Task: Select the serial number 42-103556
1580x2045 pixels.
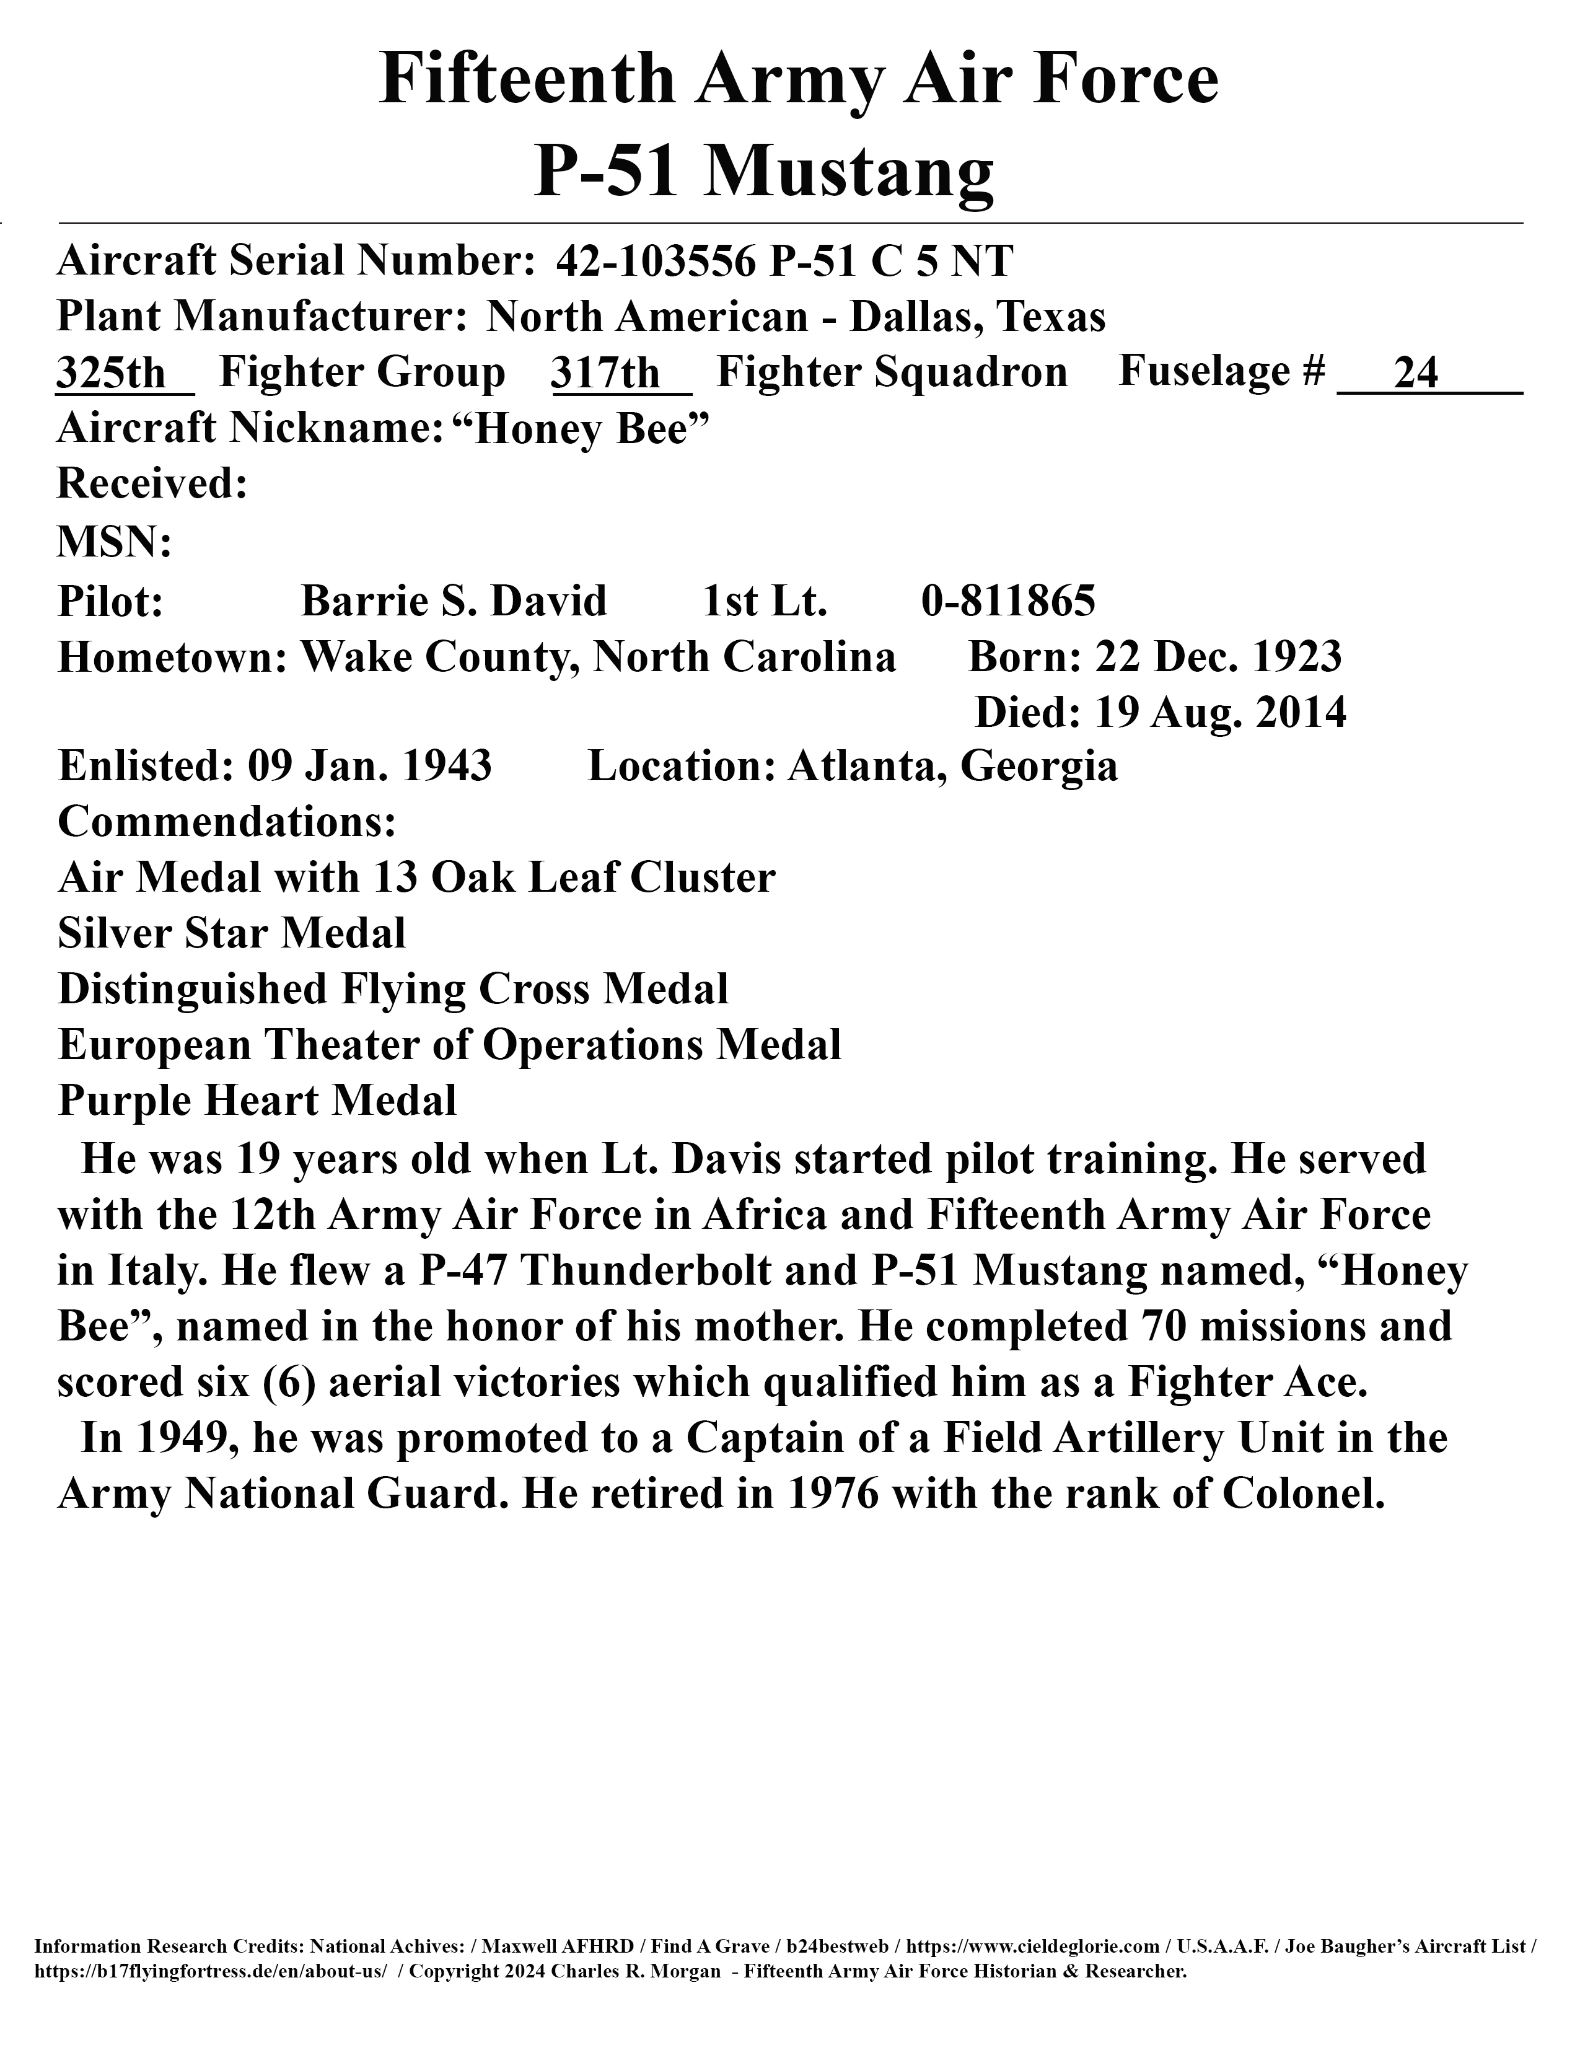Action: [x=655, y=262]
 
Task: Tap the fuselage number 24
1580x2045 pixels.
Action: [x=1415, y=374]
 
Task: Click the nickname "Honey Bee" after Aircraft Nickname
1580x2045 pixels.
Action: [x=581, y=430]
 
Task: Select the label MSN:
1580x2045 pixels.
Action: [x=114, y=543]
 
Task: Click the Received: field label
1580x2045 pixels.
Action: [x=152, y=485]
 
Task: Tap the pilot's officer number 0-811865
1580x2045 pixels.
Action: [x=1008, y=601]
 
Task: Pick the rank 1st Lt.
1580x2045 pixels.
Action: [x=765, y=601]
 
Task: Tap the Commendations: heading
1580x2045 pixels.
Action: [x=227, y=822]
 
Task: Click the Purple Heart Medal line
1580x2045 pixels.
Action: [x=257, y=1101]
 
